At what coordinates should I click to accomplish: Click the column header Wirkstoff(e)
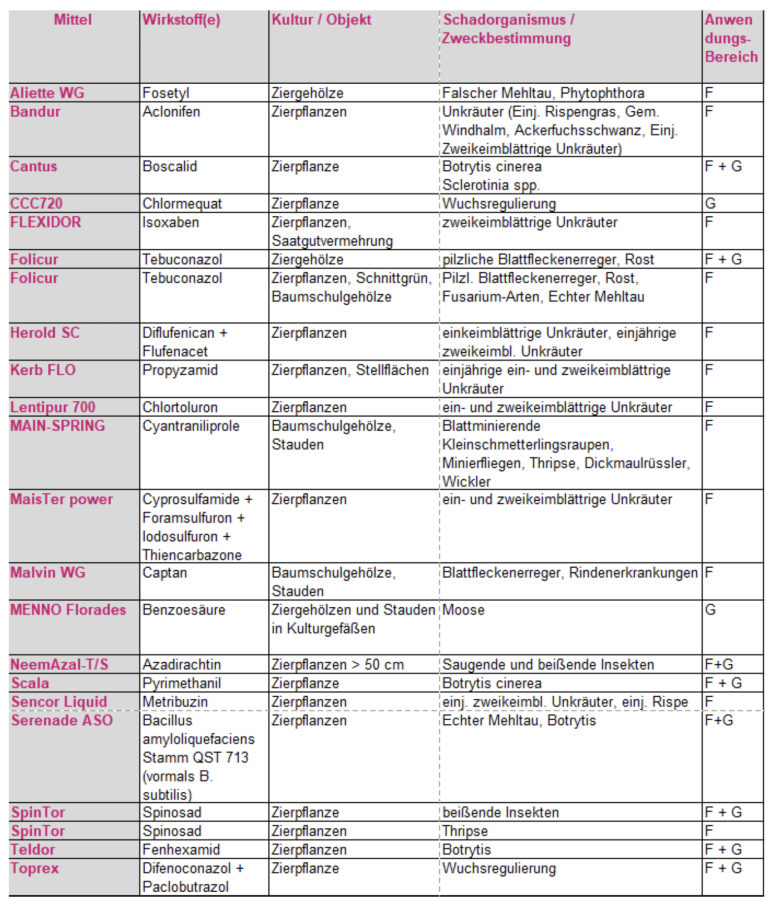click(181, 20)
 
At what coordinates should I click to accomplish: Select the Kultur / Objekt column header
click(321, 20)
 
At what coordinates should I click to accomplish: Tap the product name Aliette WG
click(47, 93)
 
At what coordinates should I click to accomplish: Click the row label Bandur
click(35, 112)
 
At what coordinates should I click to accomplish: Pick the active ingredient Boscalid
click(169, 166)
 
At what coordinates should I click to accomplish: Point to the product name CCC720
click(36, 203)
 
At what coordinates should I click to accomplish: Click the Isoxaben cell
click(170, 222)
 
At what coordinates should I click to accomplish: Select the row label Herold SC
click(45, 333)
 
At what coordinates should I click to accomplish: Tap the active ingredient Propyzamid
click(180, 370)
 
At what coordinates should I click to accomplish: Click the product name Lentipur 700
click(53, 407)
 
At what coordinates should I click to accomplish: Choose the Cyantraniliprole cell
click(191, 426)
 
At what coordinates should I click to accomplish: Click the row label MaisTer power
click(62, 499)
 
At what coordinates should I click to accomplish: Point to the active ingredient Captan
click(164, 573)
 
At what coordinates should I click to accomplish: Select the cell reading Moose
click(463, 610)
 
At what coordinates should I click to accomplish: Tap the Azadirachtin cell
click(181, 665)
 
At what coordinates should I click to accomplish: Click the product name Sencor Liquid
click(59, 702)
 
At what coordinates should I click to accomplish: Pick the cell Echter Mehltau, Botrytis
click(519, 720)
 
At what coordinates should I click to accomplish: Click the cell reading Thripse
click(464, 831)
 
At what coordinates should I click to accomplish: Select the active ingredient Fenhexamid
click(181, 850)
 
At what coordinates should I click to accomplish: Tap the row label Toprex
click(35, 868)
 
